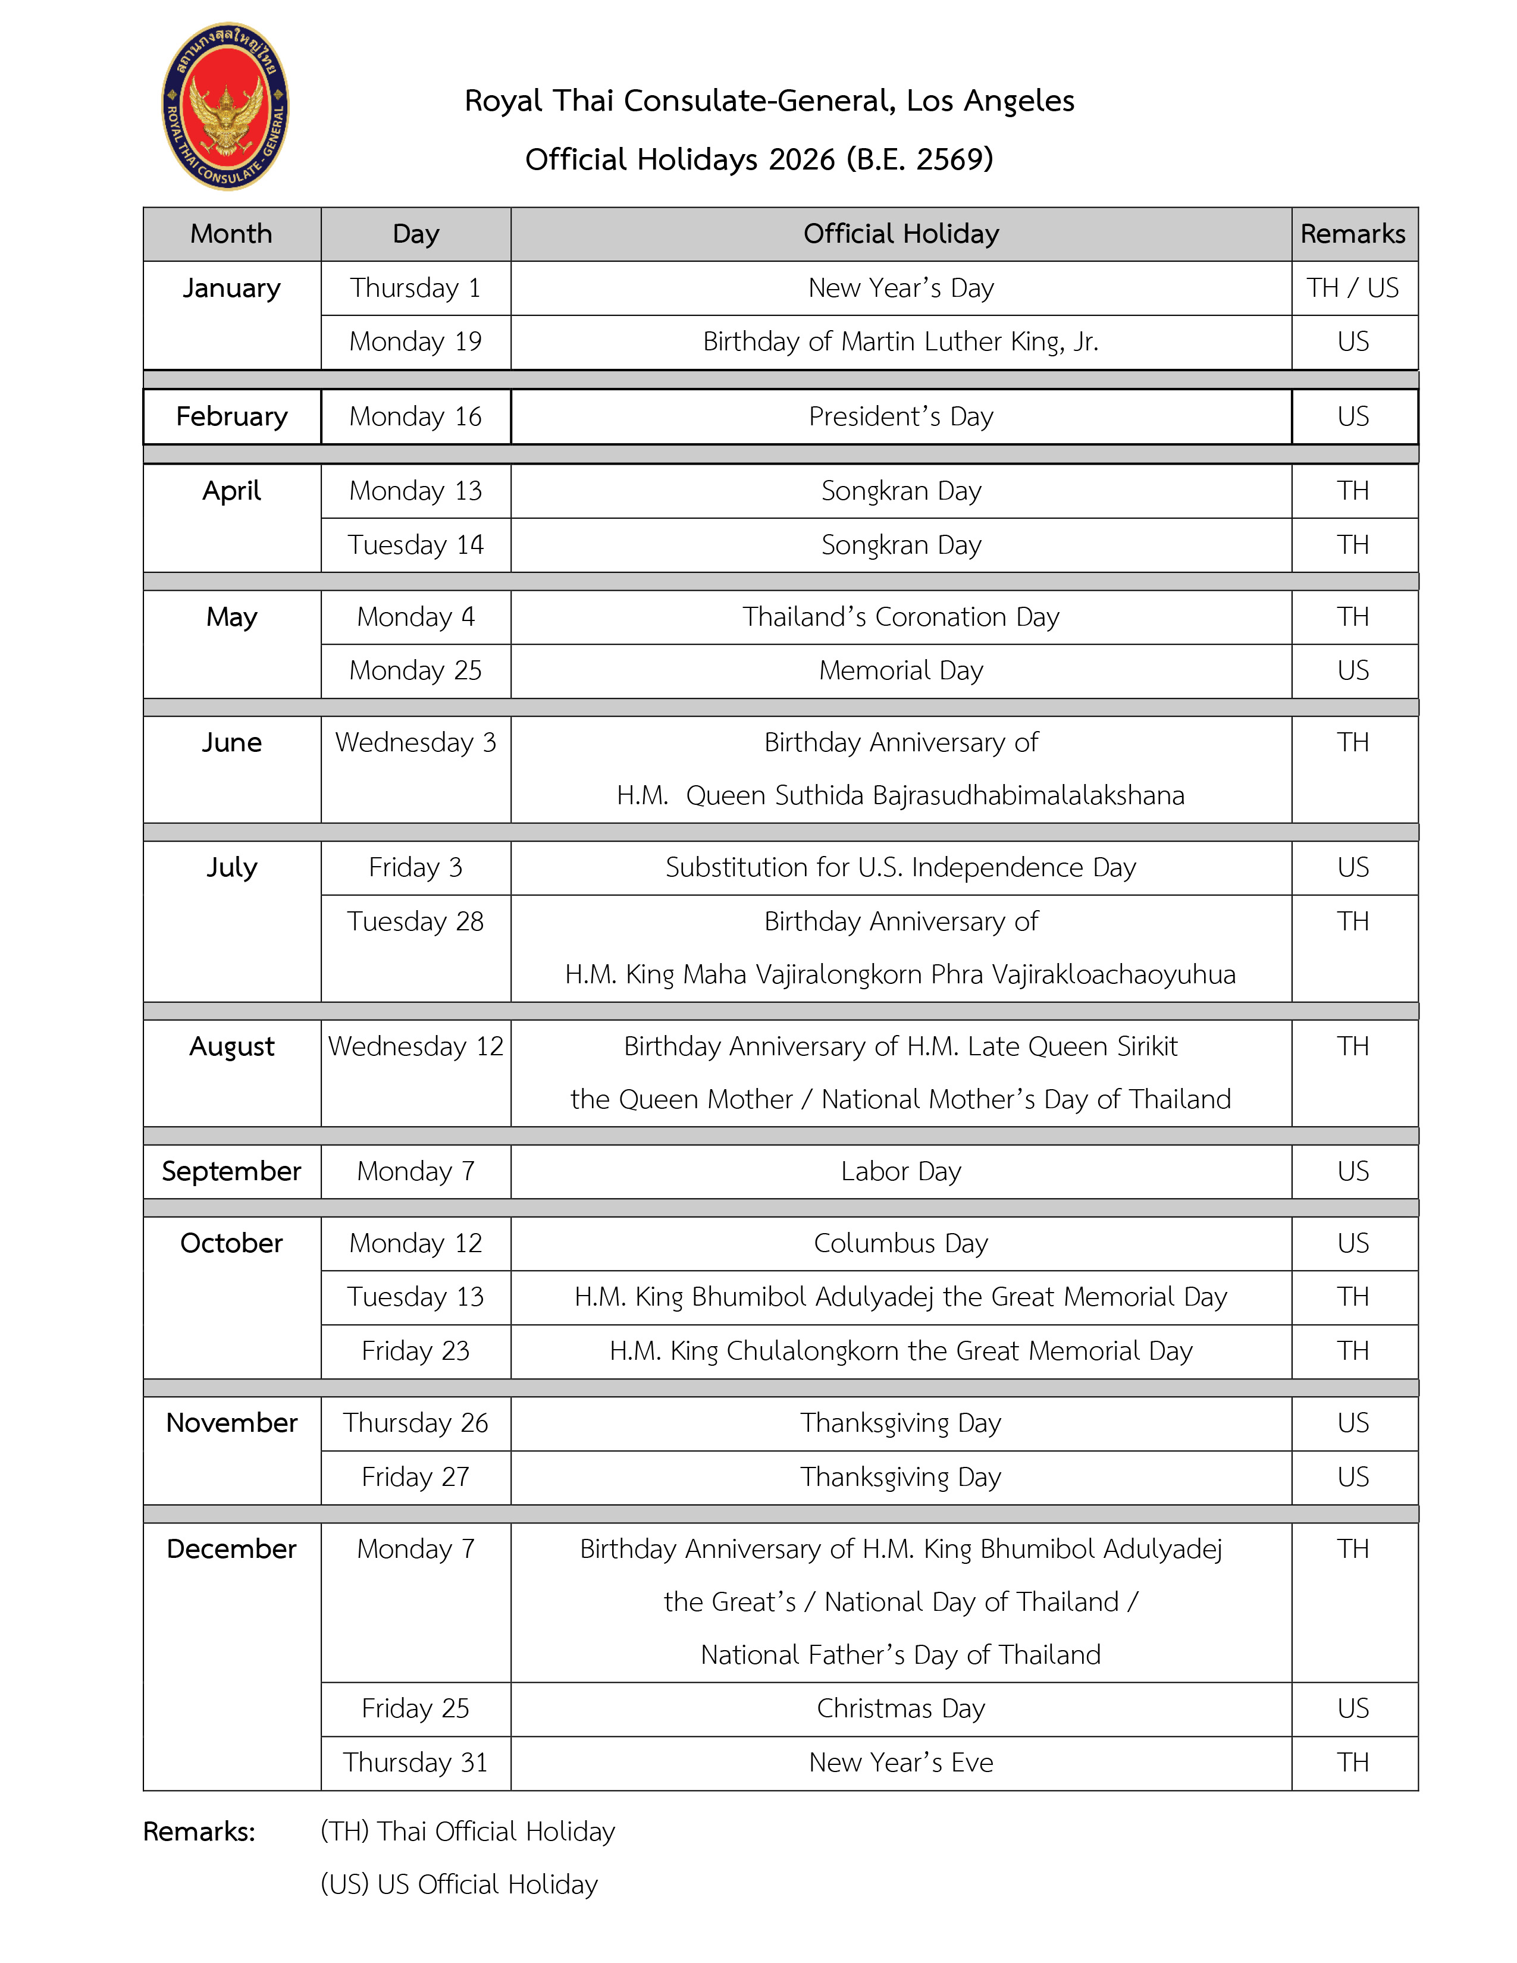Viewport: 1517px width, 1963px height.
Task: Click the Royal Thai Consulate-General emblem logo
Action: tap(225, 106)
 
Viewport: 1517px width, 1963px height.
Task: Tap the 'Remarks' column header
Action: tap(1353, 234)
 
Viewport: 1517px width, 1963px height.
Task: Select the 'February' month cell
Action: tap(232, 416)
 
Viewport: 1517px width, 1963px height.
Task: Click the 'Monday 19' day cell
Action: tap(415, 341)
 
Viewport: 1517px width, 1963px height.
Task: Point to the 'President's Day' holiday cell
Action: tap(901, 416)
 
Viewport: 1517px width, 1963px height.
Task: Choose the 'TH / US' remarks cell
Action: tap(1353, 288)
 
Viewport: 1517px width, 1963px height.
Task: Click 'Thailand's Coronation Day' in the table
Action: tap(901, 617)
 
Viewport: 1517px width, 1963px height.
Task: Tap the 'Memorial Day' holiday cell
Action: tap(901, 670)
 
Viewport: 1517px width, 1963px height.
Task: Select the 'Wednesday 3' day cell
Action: tap(415, 742)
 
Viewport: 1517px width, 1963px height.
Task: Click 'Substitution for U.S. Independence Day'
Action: tap(901, 867)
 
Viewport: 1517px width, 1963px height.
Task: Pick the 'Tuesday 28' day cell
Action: tap(415, 921)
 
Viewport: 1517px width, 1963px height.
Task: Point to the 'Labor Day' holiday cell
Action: tap(901, 1171)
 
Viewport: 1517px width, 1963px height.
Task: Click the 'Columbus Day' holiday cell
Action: tap(901, 1243)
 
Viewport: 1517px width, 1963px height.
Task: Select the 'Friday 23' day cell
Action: tap(415, 1351)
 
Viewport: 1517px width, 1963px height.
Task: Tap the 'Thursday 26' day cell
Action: tap(415, 1423)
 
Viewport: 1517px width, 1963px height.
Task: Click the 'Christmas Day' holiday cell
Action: tap(901, 1708)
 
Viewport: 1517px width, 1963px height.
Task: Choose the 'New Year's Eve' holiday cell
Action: tap(901, 1762)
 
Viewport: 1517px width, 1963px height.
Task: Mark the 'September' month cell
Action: tap(232, 1171)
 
